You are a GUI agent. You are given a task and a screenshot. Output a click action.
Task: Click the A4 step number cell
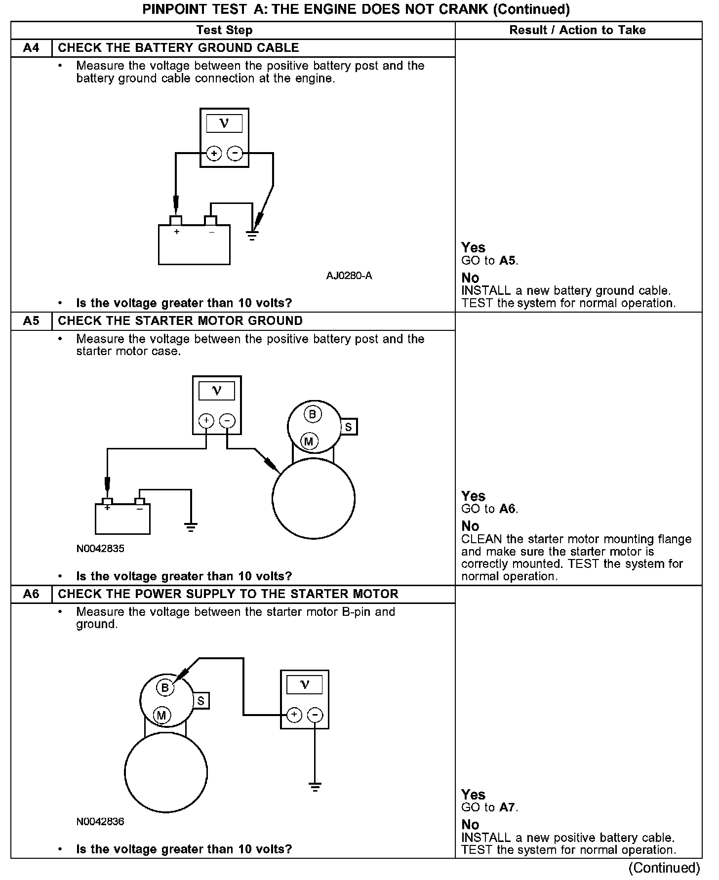(31, 48)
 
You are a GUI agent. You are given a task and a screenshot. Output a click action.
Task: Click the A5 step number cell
(31, 321)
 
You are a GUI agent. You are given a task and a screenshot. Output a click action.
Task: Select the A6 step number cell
(31, 594)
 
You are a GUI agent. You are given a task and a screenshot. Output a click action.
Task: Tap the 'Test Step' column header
(224, 30)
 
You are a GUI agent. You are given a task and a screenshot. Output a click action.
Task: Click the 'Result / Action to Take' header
(577, 30)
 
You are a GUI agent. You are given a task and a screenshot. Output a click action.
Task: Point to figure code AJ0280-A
(349, 276)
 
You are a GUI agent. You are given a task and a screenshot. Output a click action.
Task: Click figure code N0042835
(100, 549)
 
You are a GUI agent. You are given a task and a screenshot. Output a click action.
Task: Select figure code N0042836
(100, 822)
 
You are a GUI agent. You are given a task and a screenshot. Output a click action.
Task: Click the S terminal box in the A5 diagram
(349, 427)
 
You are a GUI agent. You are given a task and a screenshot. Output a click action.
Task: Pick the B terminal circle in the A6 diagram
(165, 687)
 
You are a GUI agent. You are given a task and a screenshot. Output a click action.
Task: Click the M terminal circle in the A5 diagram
(309, 441)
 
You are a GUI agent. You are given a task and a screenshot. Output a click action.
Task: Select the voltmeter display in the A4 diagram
(224, 123)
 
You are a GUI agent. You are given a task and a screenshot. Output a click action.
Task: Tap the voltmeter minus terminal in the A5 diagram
(227, 421)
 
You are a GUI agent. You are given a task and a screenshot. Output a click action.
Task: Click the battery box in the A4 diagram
(194, 245)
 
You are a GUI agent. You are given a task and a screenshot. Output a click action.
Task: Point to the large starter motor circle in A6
(166, 772)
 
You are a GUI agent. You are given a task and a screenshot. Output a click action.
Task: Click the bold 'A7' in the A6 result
(507, 807)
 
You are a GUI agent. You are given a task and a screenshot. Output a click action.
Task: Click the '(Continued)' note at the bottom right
(664, 868)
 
